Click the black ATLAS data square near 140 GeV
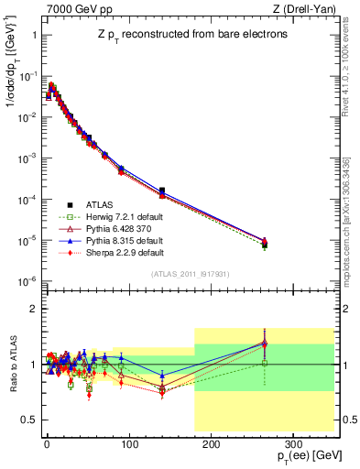pyautogui.click(x=162, y=191)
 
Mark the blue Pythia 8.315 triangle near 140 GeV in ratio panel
pyautogui.click(x=162, y=375)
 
